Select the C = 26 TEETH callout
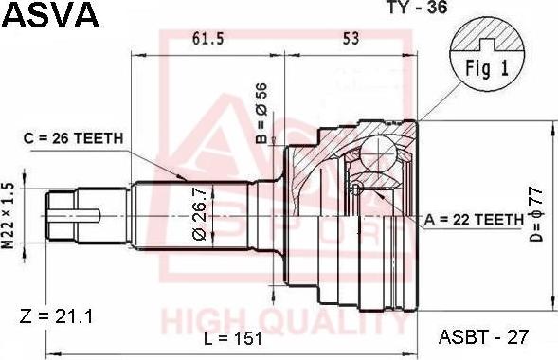(73, 138)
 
